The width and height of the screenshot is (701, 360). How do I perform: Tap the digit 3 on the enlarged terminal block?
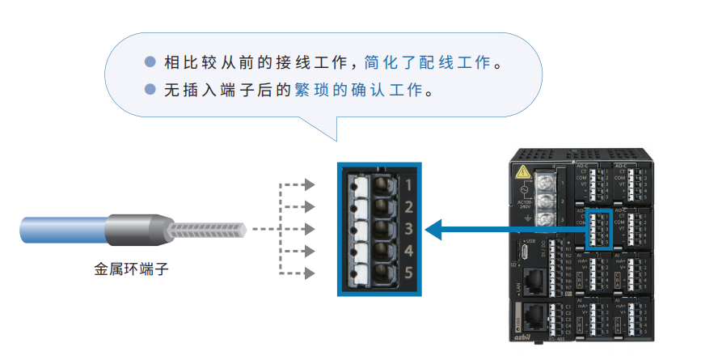[408, 227]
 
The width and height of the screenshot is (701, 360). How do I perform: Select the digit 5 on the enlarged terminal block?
[408, 273]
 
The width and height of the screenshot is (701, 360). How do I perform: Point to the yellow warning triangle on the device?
[523, 172]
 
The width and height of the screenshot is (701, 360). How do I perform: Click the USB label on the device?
[530, 241]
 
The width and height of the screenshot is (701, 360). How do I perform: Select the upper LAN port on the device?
[532, 281]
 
